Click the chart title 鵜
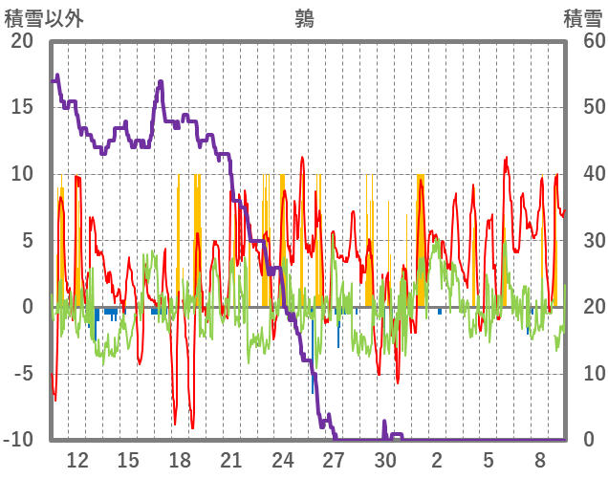pyautogui.click(x=305, y=18)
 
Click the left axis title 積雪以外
pyautogui.click(x=45, y=18)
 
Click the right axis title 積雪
pyautogui.click(x=582, y=18)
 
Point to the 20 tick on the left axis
pyautogui.click(x=22, y=41)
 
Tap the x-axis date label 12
pyautogui.click(x=77, y=460)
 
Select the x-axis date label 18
pyautogui.click(x=180, y=460)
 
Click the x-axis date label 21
pyautogui.click(x=231, y=460)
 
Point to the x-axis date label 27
pyautogui.click(x=334, y=460)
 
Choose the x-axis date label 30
pyautogui.click(x=385, y=460)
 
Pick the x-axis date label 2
pyautogui.click(x=437, y=460)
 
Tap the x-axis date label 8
pyautogui.click(x=539, y=460)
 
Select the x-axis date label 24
pyautogui.click(x=283, y=460)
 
